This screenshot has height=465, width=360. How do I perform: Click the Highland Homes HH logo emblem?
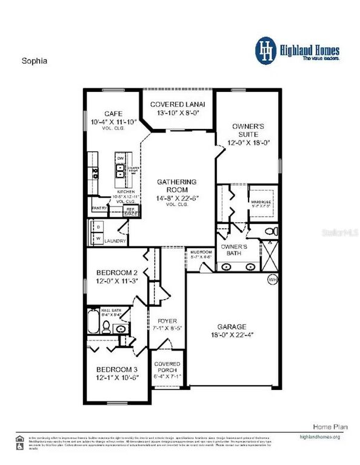tap(264, 49)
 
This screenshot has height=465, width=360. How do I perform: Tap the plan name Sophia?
tap(35, 61)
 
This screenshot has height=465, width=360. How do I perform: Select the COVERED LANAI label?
tap(178, 105)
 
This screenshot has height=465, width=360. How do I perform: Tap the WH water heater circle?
tap(273, 279)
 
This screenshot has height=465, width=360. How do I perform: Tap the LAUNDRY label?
tap(115, 241)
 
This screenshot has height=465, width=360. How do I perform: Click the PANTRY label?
tap(99, 208)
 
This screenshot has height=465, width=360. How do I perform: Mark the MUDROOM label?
tap(200, 251)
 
